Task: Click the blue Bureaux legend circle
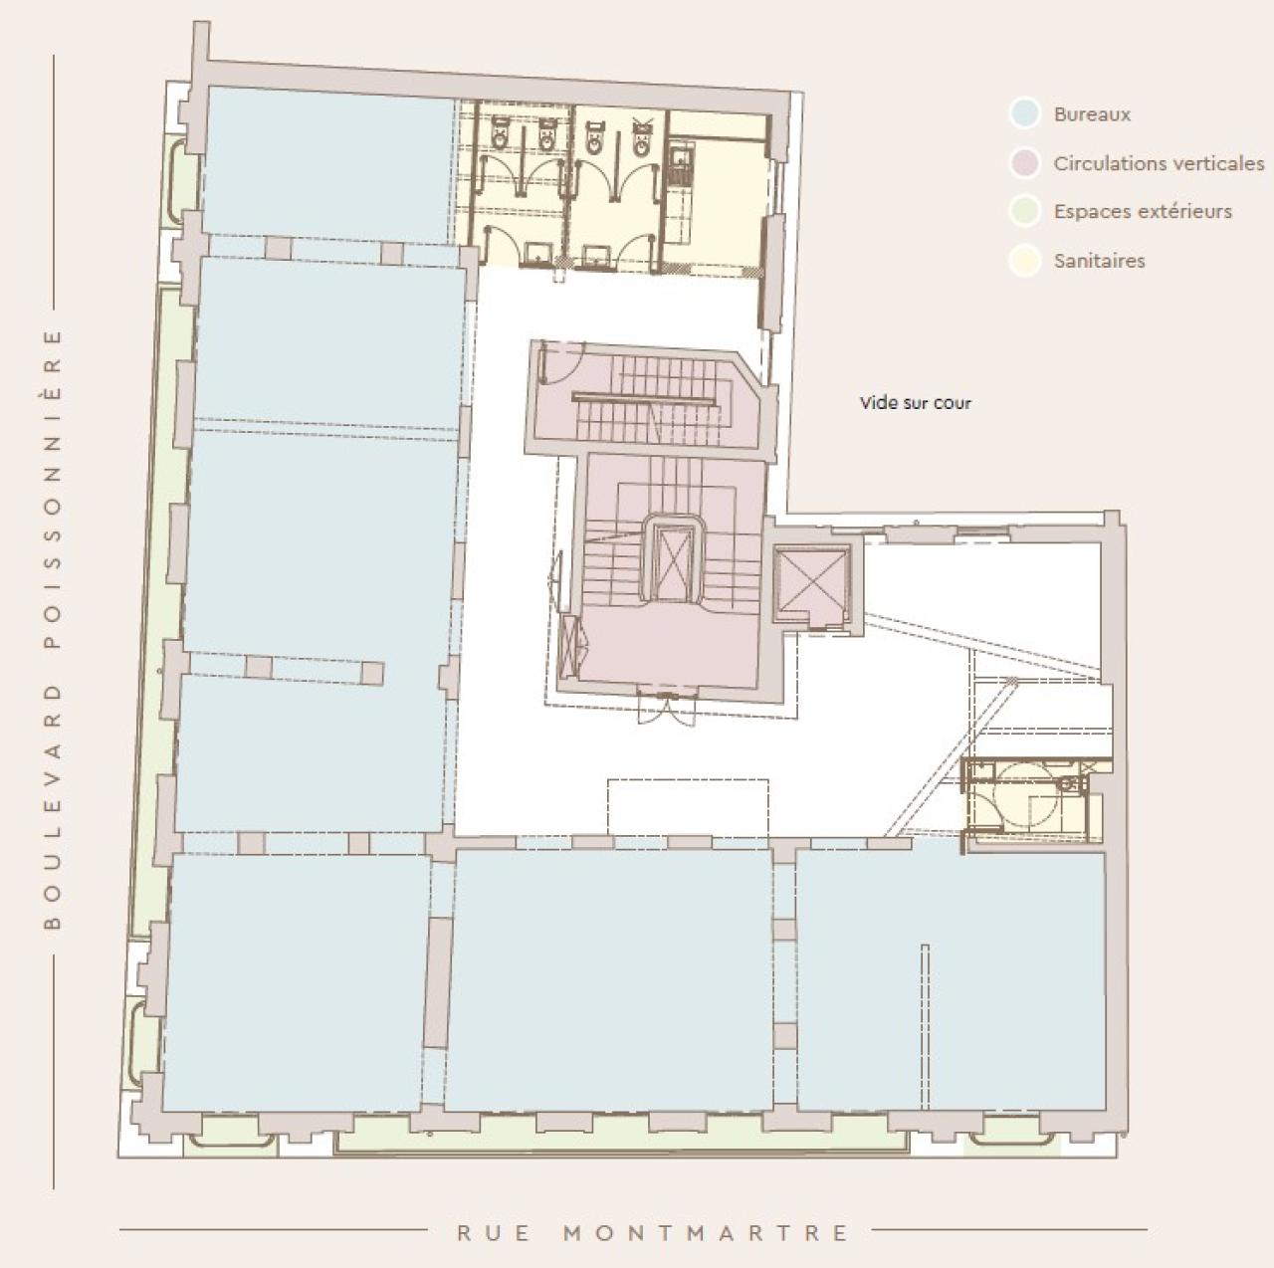click(1024, 113)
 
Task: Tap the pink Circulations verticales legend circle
click(1024, 163)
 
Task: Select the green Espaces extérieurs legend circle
click(1024, 211)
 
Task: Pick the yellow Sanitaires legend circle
click(1024, 261)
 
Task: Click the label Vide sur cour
click(915, 403)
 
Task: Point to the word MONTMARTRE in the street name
click(707, 1233)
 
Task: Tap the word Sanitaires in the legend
click(1099, 261)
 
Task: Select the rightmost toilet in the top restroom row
click(642, 136)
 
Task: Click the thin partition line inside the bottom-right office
click(925, 1025)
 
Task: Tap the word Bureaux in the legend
click(1092, 114)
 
